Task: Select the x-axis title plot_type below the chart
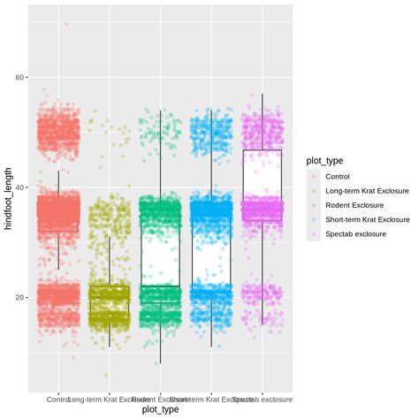(160, 409)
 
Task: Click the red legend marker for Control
(313, 177)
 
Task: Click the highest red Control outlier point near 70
(65, 24)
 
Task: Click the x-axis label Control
(58, 398)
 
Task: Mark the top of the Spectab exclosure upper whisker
(262, 95)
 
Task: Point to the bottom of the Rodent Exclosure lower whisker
(160, 363)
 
